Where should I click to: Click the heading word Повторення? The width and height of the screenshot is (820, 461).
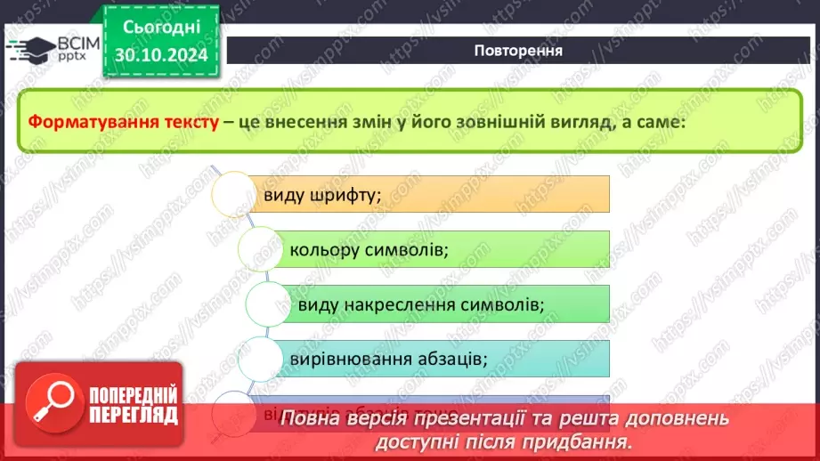pyautogui.click(x=517, y=50)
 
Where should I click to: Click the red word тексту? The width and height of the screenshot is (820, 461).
pyautogui.click(x=184, y=123)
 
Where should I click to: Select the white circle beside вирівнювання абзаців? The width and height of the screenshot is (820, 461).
pyautogui.click(x=263, y=359)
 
